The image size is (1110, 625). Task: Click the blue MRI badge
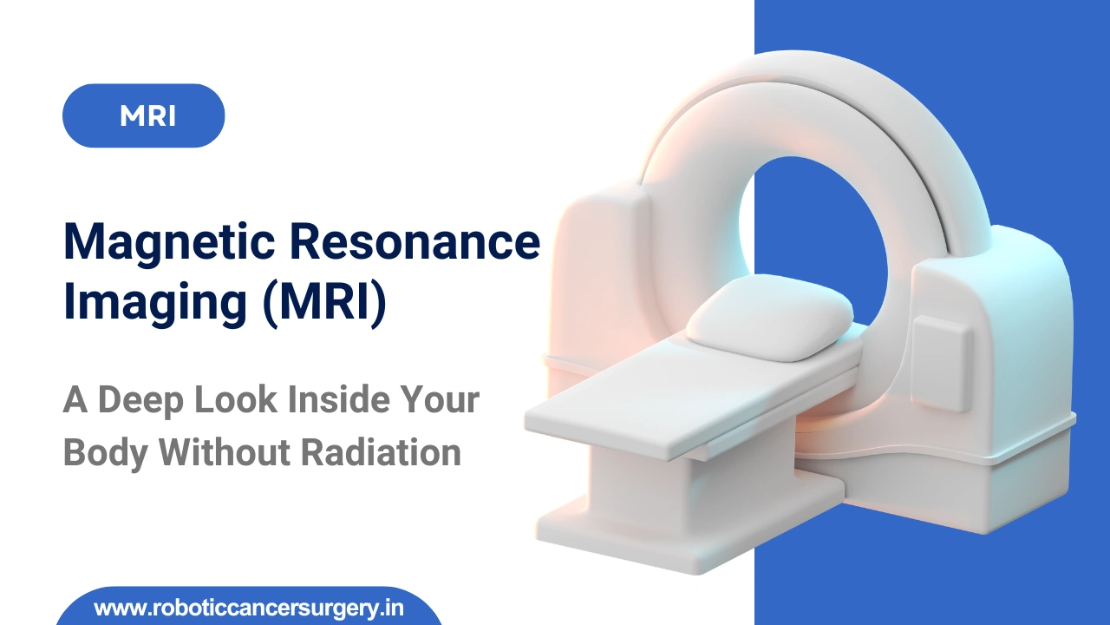coord(143,115)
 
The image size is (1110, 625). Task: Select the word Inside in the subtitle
coord(340,400)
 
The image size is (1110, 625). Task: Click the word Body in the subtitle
coord(104,453)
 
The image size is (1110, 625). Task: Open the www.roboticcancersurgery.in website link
coord(248,608)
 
